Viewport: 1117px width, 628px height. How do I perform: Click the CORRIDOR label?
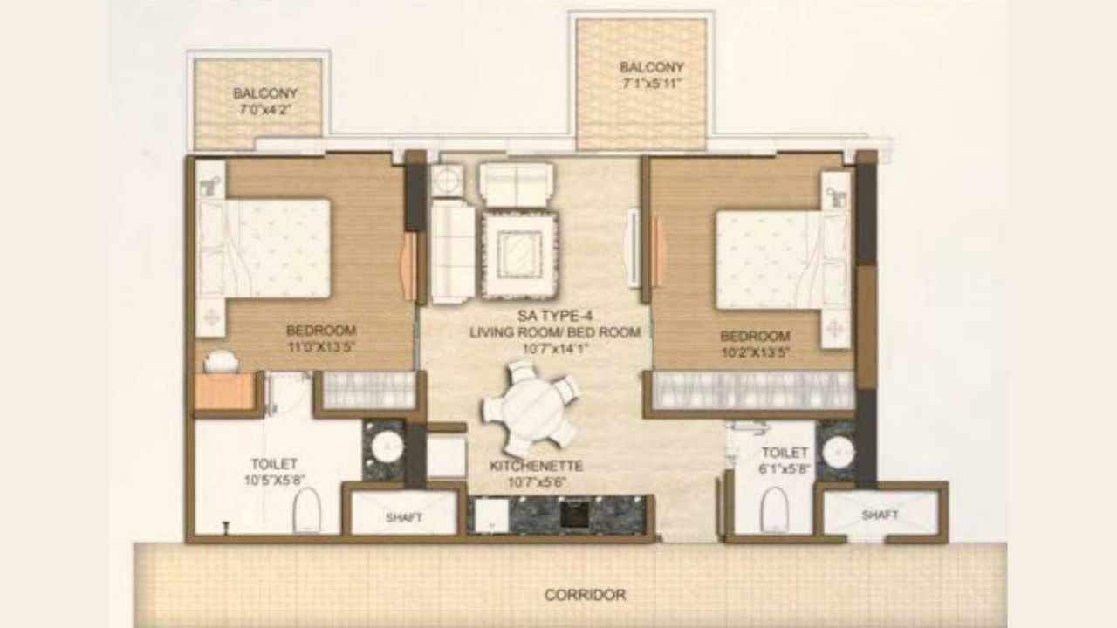585,595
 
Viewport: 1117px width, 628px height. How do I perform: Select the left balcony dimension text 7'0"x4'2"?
265,110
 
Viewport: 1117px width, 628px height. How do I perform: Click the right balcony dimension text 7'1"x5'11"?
651,84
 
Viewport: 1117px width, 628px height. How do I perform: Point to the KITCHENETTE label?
536,467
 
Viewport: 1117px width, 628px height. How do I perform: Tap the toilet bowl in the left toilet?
306,510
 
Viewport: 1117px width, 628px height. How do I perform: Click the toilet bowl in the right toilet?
774,509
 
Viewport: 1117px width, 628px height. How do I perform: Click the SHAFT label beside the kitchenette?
404,517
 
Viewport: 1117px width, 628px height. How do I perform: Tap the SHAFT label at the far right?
880,515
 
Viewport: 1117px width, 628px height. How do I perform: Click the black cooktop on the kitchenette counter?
573,514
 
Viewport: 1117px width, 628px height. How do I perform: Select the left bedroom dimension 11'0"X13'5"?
321,346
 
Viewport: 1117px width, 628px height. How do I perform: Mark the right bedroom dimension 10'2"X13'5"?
755,352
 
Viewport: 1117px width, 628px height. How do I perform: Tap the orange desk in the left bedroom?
224,392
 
